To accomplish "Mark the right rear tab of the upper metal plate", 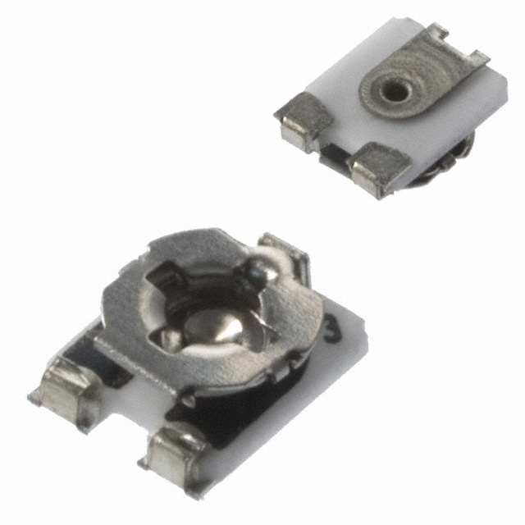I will [476, 57].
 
